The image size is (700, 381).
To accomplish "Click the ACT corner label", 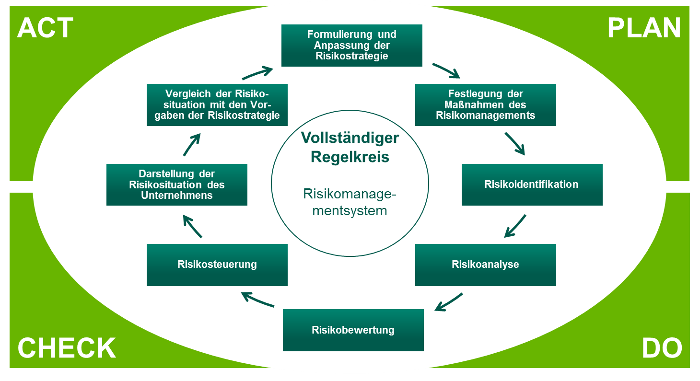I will click(45, 28).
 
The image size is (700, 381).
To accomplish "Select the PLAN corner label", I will click(644, 28).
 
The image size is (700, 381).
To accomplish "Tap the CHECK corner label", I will click(67, 348).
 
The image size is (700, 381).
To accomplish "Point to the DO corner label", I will click(662, 348).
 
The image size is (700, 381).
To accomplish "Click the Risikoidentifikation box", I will click(532, 185).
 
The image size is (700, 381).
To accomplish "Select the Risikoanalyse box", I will click(485, 265).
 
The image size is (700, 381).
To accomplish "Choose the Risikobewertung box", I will click(353, 330).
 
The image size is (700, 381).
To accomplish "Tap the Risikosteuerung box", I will click(217, 265).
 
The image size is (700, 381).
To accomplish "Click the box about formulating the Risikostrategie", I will click(351, 46).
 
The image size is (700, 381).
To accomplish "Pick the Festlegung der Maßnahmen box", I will click(485, 104).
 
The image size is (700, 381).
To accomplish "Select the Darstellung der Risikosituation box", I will click(176, 185).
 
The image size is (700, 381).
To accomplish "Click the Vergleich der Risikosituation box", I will click(217, 104).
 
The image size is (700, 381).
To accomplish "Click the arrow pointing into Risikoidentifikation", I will click(515, 143).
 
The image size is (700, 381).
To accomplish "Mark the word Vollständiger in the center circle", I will click(350, 138).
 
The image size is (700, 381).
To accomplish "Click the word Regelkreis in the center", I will click(350, 157).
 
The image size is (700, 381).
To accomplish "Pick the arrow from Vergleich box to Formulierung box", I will click(257, 73).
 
